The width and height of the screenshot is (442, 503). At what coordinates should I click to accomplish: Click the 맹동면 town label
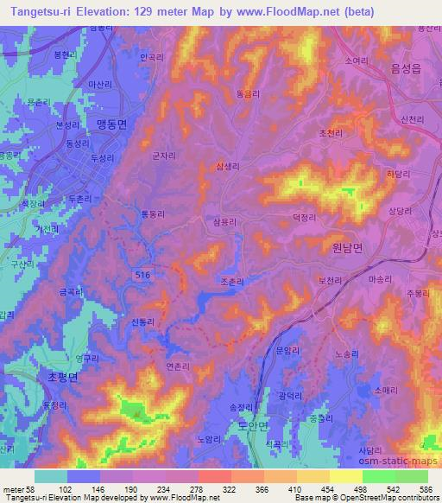tap(111, 124)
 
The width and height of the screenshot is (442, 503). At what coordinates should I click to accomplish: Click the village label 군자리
tap(163, 156)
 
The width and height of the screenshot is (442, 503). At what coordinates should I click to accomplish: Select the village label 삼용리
tap(224, 222)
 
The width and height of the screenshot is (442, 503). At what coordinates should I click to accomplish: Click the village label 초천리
tap(330, 133)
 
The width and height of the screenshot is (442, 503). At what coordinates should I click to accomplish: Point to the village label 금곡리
tap(71, 294)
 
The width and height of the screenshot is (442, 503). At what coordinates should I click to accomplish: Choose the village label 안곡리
tap(150, 58)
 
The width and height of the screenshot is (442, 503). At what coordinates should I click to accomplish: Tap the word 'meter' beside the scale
tap(15, 488)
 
